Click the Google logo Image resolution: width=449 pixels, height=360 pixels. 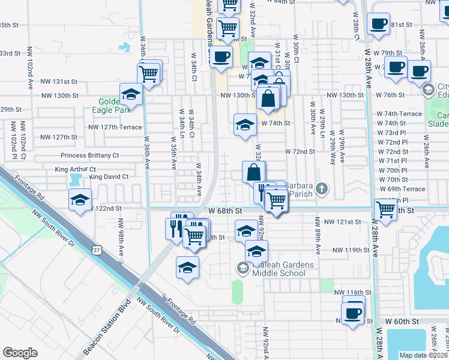tap(20, 353)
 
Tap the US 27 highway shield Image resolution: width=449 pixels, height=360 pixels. tap(97, 249)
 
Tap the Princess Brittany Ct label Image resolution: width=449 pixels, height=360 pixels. tap(90, 155)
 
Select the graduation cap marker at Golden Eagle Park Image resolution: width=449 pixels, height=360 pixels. tap(131, 94)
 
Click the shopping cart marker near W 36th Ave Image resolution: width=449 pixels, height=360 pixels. tap(148, 74)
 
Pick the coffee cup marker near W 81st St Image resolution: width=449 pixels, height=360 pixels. tap(378, 24)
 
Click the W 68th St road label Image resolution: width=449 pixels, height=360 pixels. tap(226, 211)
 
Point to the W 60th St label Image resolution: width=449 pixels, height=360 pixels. tap(402, 322)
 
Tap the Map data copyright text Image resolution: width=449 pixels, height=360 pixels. tap(424, 355)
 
